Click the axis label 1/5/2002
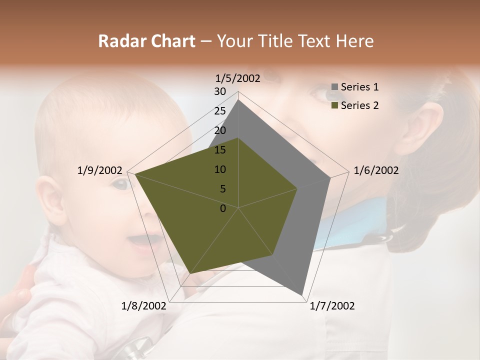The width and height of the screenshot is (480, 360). pyautogui.click(x=238, y=78)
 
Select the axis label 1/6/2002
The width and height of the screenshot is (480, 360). pyautogui.click(x=376, y=170)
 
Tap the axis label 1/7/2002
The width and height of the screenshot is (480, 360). pyautogui.click(x=332, y=306)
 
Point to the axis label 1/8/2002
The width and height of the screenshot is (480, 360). pyautogui.click(x=144, y=306)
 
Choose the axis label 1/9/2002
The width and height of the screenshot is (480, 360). pyautogui.click(x=100, y=170)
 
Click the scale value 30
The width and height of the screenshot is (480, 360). pyautogui.click(x=220, y=91)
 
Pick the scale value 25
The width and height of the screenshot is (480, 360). pyautogui.click(x=220, y=111)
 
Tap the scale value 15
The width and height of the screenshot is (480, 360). pyautogui.click(x=220, y=150)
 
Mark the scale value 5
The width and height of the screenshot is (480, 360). pyautogui.click(x=223, y=189)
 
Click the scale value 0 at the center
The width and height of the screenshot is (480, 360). pyautogui.click(x=223, y=208)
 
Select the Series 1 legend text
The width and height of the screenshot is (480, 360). pyautogui.click(x=359, y=87)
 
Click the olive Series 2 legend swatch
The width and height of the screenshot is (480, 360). pyautogui.click(x=335, y=105)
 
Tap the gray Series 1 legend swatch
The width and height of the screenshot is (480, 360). pyautogui.click(x=335, y=87)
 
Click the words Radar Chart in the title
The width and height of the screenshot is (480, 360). pyautogui.click(x=146, y=41)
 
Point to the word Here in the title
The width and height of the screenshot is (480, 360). pyautogui.click(x=354, y=41)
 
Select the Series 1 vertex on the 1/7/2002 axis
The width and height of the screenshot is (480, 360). pyautogui.click(x=302, y=294)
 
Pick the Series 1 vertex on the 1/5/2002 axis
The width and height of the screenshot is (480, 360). pyautogui.click(x=238, y=99)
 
